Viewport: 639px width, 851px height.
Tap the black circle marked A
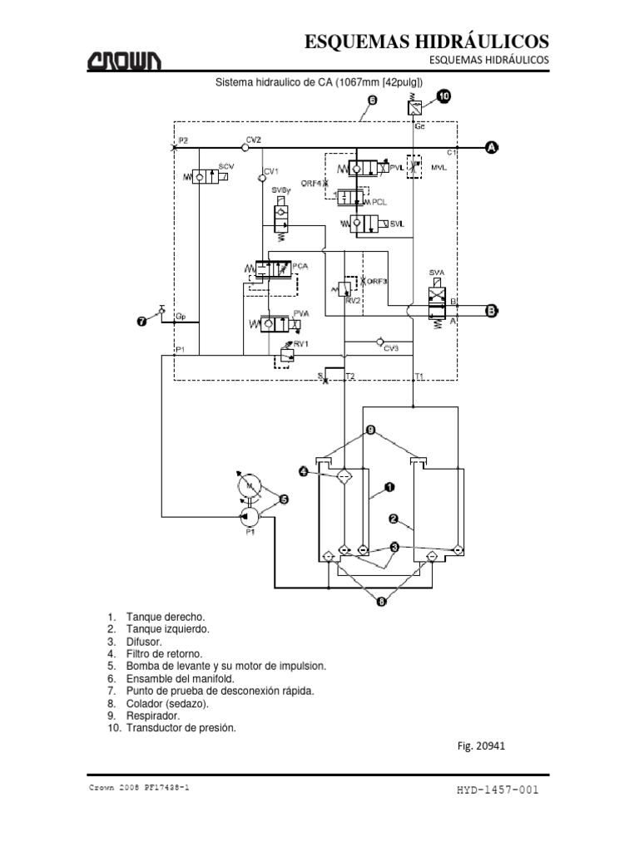[492, 147]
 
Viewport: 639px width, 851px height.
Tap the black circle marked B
[492, 312]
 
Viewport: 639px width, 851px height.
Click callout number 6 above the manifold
[371, 101]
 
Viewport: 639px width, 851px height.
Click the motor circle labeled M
[248, 484]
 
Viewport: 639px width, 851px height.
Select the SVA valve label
[437, 272]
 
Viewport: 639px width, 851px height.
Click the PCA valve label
[300, 267]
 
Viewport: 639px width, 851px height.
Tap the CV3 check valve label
[391, 350]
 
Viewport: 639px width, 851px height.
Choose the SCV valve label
[225, 167]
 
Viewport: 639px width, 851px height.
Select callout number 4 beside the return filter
[305, 472]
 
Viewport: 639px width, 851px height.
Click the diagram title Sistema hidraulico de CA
[319, 82]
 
